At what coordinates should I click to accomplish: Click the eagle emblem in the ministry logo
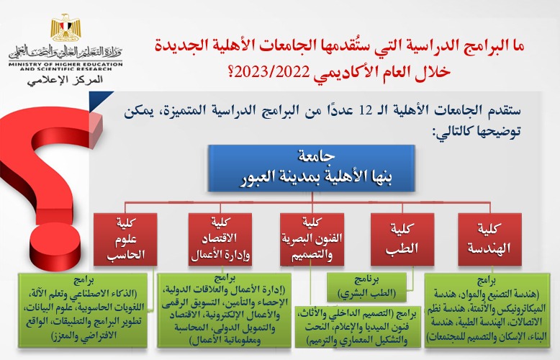(66, 27)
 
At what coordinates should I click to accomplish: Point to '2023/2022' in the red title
(338, 71)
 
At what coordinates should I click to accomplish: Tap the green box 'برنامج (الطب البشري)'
(371, 287)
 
